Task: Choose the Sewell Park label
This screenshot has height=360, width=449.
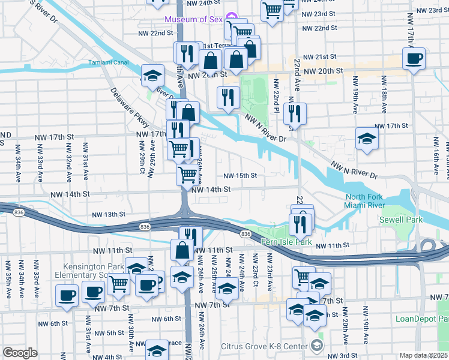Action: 400,220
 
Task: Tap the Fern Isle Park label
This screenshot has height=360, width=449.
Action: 287,242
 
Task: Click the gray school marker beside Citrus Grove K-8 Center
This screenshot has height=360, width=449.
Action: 317,345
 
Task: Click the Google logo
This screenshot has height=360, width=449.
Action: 20,352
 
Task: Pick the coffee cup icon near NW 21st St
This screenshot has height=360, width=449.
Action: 414,59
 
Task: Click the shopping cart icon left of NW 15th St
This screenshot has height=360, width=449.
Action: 188,175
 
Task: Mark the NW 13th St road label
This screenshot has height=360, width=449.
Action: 109,214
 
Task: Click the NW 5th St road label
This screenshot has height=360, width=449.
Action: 109,332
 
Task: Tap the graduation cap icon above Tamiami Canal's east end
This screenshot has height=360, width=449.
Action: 152,75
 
